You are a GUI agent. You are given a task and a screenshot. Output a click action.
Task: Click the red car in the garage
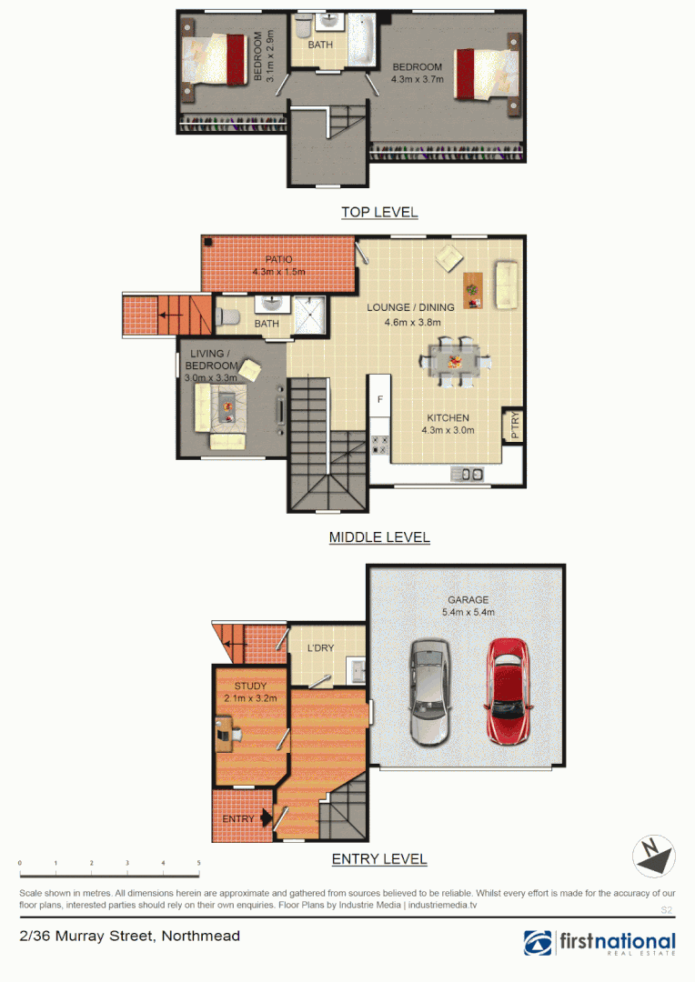pyautogui.click(x=508, y=691)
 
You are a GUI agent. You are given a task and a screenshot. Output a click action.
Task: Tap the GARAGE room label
pyautogui.click(x=468, y=600)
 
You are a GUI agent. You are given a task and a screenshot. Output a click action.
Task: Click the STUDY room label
pyautogui.click(x=250, y=686)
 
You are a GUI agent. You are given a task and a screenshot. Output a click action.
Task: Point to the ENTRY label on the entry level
pyautogui.click(x=238, y=819)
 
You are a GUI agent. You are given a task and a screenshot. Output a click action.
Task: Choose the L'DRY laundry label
pyautogui.click(x=320, y=648)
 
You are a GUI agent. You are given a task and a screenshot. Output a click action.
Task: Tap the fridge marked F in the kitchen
pyautogui.click(x=379, y=399)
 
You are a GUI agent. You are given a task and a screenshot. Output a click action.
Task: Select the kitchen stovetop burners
pyautogui.click(x=380, y=445)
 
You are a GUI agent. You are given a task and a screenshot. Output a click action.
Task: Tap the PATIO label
pyautogui.click(x=278, y=260)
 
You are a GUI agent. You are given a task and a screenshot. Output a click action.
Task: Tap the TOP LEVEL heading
pyautogui.click(x=379, y=212)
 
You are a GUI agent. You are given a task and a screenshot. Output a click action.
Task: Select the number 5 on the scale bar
pyautogui.click(x=198, y=863)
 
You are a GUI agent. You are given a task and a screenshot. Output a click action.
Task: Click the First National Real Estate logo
pyautogui.click(x=599, y=943)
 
